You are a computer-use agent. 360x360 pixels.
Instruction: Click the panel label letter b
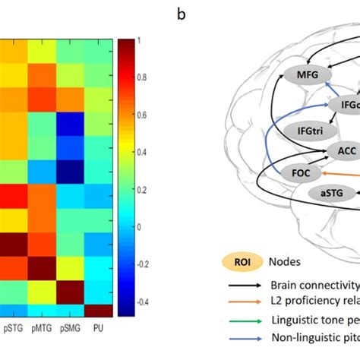[x=181, y=14]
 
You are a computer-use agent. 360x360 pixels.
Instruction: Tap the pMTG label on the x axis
[x=43, y=329]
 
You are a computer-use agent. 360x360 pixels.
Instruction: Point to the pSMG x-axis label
[x=70, y=329]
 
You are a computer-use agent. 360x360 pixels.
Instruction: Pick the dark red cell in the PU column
[x=96, y=311]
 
